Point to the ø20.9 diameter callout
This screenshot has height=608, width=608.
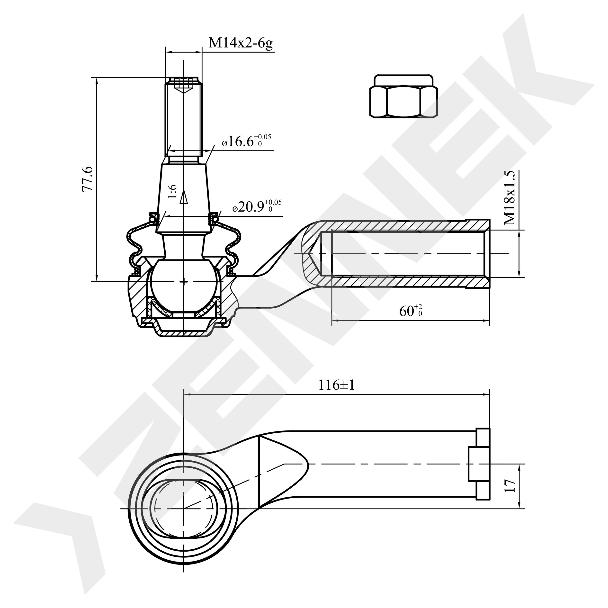coord(257,206)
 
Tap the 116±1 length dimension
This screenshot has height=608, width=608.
coord(336,385)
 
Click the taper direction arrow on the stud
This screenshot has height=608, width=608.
coord(184,198)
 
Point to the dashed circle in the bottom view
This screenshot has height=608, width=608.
coord(184,509)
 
